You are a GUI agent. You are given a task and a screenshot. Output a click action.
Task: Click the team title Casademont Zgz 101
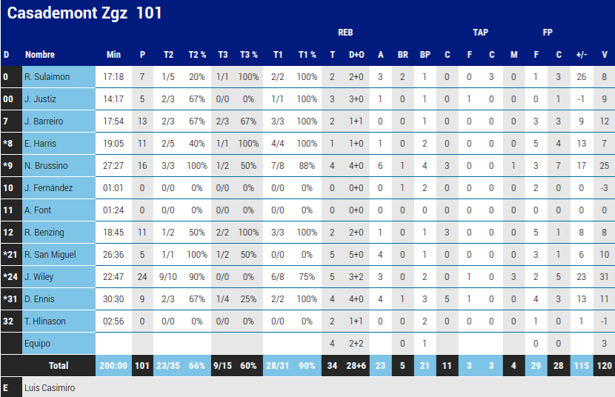(84, 13)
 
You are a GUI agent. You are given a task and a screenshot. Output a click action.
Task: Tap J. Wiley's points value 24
(142, 277)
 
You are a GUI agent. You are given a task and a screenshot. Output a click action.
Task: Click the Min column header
(113, 55)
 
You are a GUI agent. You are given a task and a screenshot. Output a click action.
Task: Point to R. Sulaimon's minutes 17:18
(113, 77)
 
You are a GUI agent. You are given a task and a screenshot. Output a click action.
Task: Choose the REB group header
(345, 33)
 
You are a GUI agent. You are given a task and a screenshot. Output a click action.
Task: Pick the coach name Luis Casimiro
(50, 387)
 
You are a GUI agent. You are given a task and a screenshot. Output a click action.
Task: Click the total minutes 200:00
(113, 366)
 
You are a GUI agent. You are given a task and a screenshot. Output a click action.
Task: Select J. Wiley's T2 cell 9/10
(168, 277)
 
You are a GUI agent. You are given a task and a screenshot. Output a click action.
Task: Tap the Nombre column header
(40, 55)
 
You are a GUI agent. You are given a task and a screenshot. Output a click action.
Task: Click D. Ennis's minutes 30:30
(113, 299)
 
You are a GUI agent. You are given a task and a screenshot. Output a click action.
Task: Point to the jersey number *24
(10, 277)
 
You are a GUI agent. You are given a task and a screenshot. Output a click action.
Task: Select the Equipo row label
(38, 344)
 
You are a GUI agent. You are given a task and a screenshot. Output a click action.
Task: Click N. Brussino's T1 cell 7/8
(278, 166)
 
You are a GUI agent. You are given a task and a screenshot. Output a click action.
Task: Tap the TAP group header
(480, 33)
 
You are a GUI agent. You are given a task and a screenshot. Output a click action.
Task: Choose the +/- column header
(582, 55)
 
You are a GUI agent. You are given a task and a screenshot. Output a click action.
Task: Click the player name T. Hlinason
(44, 321)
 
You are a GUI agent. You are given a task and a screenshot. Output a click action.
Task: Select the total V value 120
(605, 366)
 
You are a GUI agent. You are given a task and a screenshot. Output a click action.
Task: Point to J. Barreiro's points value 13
(142, 121)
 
